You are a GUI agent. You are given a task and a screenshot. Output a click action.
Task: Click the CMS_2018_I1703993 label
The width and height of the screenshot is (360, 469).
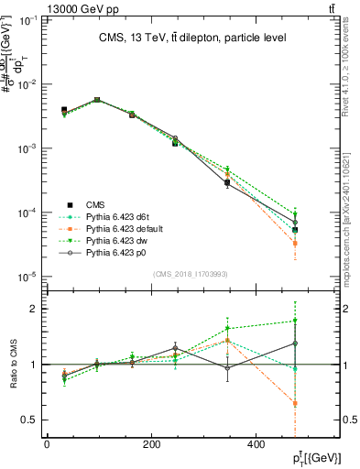click(x=191, y=274)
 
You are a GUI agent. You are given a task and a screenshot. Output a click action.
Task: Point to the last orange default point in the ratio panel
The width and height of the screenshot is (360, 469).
click(x=321, y=403)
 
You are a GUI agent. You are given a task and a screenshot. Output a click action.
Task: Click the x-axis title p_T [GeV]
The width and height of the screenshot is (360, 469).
click(x=314, y=457)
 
